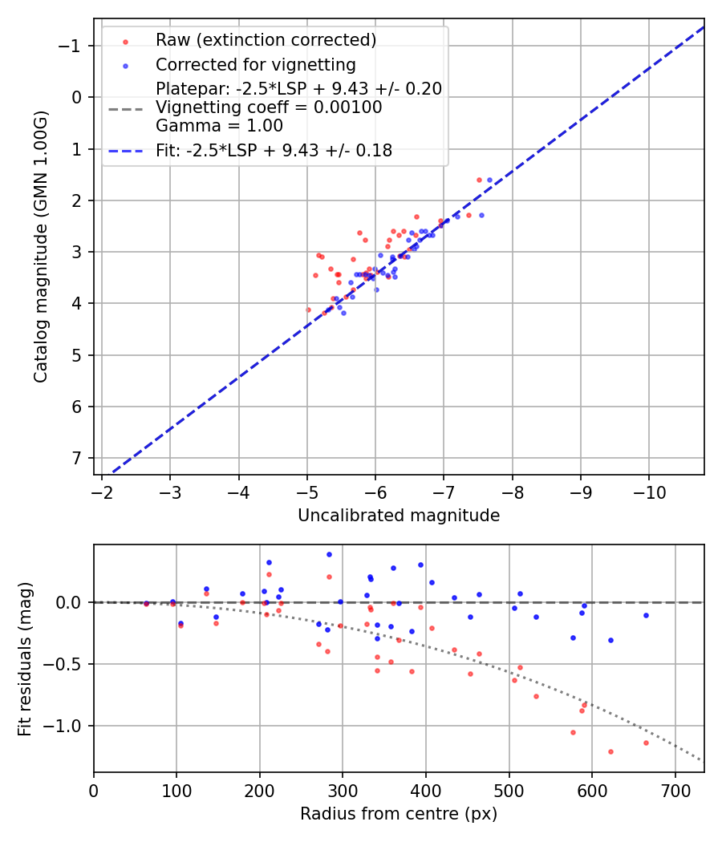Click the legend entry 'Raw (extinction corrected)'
coord(266,40)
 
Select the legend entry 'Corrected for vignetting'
coord(255,64)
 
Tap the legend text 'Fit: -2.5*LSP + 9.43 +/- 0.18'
coord(274,151)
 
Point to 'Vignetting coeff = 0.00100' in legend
coord(269,107)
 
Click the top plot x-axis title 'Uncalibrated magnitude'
coord(399,516)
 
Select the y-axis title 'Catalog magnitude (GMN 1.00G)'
coord(41,247)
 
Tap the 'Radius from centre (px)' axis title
coord(399,814)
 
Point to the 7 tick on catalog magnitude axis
coord(77,458)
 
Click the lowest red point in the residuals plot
coord(610,751)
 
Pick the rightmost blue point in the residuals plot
coord(646,615)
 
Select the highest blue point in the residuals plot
coord(329,554)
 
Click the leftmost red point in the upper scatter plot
coord(308,310)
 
